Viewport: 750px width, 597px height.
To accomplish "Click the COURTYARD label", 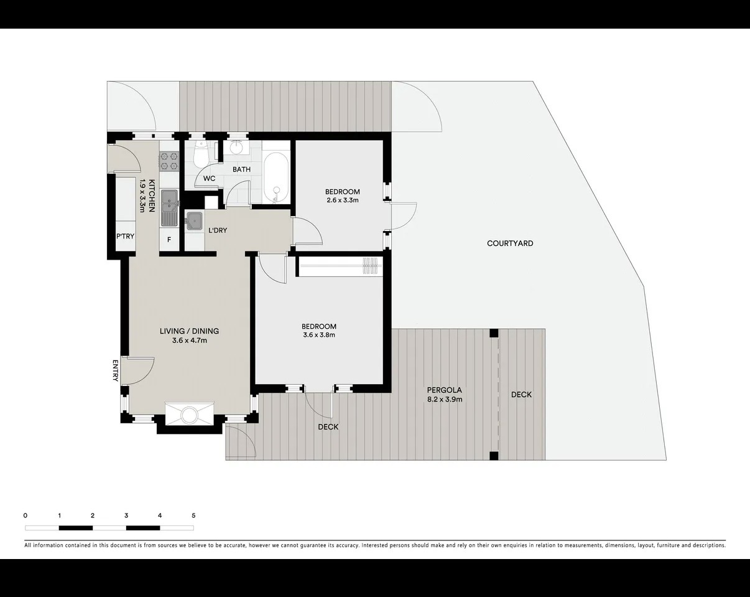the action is click(510, 243).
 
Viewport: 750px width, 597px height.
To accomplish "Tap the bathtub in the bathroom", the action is click(276, 177).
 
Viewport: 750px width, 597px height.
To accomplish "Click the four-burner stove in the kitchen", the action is click(169, 161).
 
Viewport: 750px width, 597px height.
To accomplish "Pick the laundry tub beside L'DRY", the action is click(194, 221).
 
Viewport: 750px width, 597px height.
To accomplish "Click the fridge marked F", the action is click(169, 239).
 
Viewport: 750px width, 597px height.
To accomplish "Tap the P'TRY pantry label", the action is click(125, 236).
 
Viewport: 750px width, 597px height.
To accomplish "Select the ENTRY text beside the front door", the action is click(115, 370).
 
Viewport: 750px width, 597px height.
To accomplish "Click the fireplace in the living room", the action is click(189, 414).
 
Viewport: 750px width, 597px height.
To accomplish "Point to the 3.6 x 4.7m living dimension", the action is click(190, 340).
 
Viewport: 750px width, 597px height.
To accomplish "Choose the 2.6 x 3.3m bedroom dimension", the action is click(343, 200).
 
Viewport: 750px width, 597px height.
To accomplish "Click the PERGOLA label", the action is click(445, 390).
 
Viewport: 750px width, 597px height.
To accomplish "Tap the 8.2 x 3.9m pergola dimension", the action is click(445, 400).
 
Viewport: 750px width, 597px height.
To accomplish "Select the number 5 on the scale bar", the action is click(194, 515).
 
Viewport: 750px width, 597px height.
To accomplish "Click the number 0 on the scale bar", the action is click(25, 515).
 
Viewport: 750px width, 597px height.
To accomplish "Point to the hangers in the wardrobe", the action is click(370, 266).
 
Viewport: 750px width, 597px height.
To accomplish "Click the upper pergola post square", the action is click(494, 333).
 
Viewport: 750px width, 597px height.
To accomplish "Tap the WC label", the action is click(209, 179).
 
